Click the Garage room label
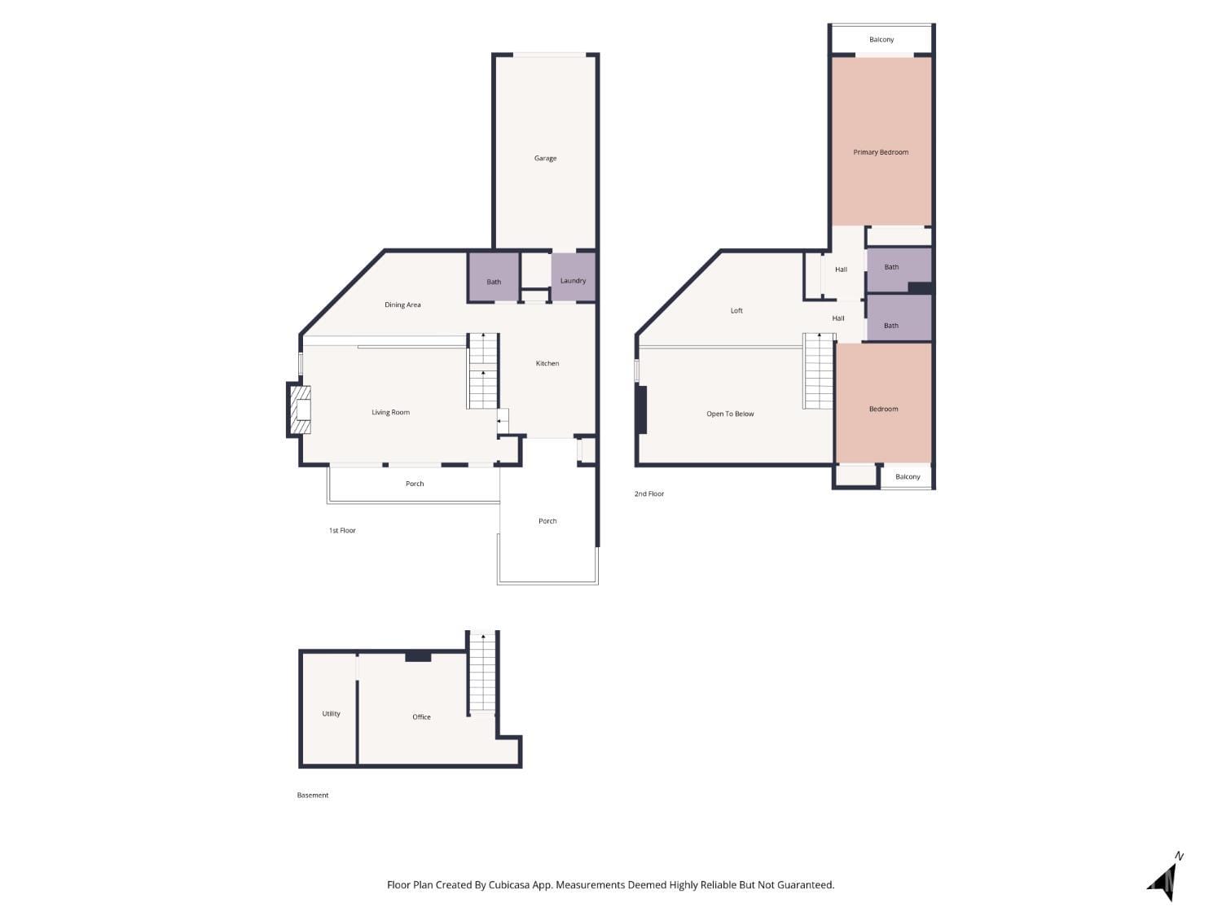545,158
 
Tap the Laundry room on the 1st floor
573,280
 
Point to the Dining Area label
402,305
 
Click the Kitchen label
547,363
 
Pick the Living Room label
390,412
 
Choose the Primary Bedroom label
881,152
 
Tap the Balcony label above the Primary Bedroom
881,39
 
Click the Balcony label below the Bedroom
908,477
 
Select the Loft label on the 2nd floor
736,310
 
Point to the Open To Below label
730,414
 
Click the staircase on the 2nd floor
819,370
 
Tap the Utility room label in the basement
331,713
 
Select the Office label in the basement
421,717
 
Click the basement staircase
483,672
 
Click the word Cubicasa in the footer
509,885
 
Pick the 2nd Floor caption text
649,493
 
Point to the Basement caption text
313,795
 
